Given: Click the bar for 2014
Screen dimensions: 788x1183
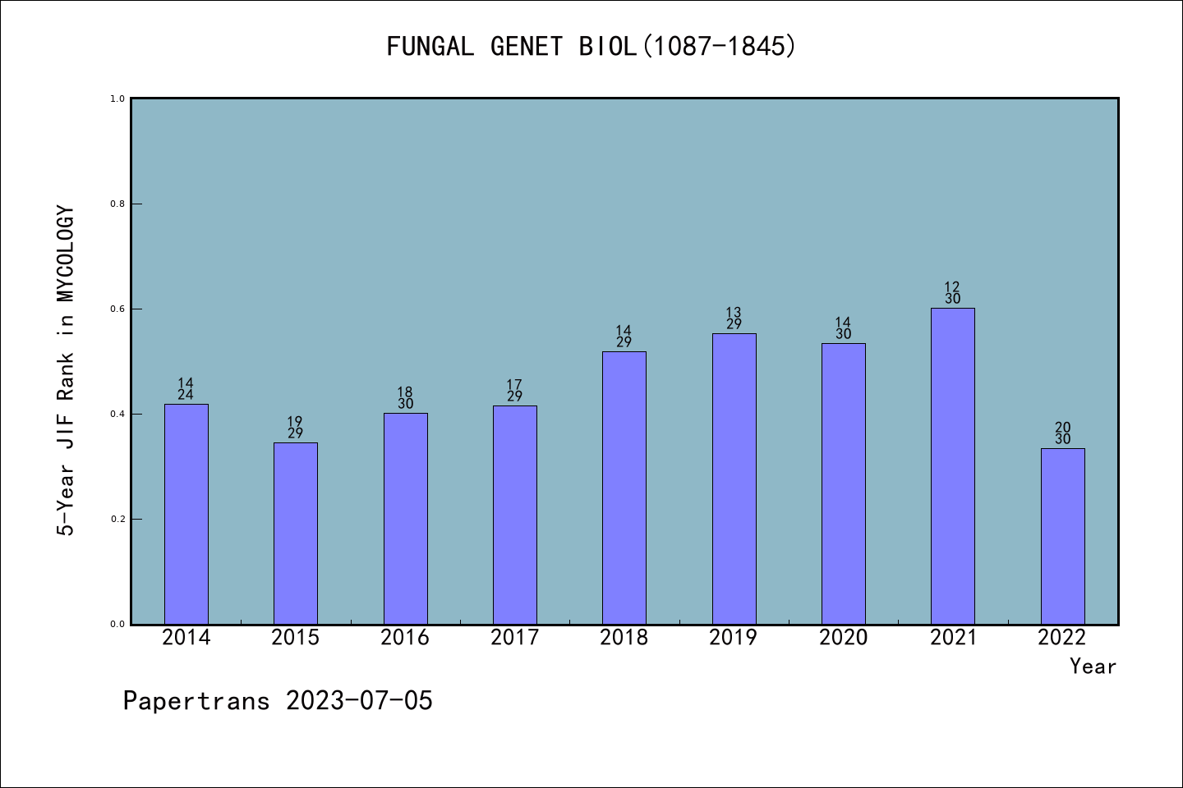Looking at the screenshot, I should [x=186, y=514].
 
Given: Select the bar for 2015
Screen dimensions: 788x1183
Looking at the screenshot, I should [x=295, y=534].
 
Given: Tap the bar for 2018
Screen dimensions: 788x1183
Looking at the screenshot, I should [x=624, y=488].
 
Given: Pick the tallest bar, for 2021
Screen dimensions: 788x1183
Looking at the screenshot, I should [x=952, y=466].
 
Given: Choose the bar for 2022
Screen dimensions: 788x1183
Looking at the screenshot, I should [x=1062, y=536].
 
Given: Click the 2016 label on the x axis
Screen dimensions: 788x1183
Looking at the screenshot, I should [x=405, y=638].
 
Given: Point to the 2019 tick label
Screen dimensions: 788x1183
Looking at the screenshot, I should [x=734, y=638].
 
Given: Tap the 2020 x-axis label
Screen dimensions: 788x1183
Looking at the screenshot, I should [x=843, y=638].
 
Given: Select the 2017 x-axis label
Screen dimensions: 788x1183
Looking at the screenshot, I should [x=514, y=638].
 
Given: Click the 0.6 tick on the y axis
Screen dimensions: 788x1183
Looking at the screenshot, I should [x=117, y=309].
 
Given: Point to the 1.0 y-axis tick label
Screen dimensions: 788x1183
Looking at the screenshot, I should [x=117, y=99].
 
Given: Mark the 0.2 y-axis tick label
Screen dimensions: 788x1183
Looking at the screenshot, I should [x=117, y=520].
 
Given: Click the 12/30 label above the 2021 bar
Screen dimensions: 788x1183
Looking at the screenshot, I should [x=952, y=293].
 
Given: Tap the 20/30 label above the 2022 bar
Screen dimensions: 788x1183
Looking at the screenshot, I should [x=1062, y=433].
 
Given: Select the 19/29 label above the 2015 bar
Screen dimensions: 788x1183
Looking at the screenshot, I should [x=295, y=428].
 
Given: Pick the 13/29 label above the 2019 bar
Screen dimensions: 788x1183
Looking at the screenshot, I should [x=734, y=318].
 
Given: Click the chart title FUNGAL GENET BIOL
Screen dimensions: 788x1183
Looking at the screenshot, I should [x=591, y=47].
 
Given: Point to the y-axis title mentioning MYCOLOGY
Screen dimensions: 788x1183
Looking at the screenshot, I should [x=66, y=370].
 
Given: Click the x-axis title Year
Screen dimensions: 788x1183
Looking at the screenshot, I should [x=1093, y=667].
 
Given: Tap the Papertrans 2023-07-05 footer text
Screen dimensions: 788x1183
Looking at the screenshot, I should [x=278, y=701].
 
